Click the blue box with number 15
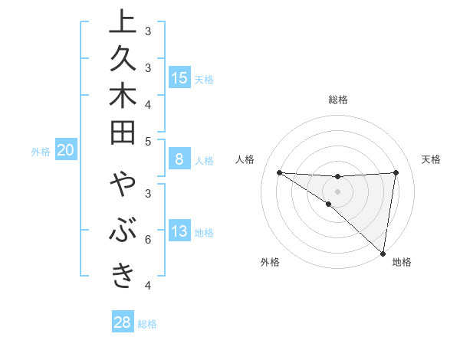[179, 77]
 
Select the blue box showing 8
[179, 159]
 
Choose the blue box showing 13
[179, 232]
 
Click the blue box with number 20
[66, 151]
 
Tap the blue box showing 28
[123, 322]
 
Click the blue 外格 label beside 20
[41, 152]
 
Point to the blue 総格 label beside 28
[147, 324]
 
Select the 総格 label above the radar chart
[338, 100]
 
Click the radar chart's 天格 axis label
[431, 159]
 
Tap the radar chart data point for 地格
[383, 253]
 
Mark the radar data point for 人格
[279, 172]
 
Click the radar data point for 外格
[328, 205]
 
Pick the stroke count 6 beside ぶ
[148, 239]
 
